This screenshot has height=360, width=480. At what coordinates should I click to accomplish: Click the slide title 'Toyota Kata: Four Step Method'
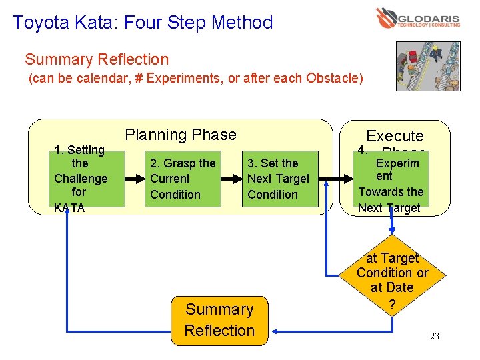[143, 23]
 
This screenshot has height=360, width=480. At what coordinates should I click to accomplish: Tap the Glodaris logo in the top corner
[417, 18]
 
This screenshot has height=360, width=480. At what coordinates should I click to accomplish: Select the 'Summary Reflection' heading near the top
[97, 59]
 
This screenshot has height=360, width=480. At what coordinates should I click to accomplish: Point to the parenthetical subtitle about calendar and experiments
[195, 79]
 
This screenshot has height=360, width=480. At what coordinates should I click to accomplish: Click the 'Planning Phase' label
[181, 135]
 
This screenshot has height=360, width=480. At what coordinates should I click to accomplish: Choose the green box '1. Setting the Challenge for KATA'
[80, 179]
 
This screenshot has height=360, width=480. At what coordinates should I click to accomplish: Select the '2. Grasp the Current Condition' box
[183, 179]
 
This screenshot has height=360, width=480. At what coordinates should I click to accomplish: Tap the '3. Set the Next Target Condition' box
[279, 179]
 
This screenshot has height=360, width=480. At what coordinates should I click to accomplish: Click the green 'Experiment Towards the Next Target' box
[391, 184]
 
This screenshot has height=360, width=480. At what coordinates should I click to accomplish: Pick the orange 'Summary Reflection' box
[219, 320]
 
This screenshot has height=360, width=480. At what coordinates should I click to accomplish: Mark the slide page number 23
[434, 336]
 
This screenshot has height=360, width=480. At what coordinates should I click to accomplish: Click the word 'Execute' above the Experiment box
[395, 136]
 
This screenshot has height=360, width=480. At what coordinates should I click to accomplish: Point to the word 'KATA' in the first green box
[69, 208]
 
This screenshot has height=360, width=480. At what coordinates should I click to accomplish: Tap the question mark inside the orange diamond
[392, 305]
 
